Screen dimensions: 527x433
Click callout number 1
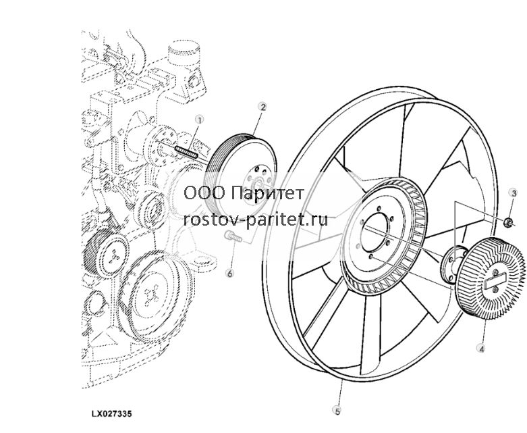pyautogui.click(x=200, y=120)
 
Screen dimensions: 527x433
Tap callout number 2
pyautogui.click(x=262, y=107)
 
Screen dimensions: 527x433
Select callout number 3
pyautogui.click(x=514, y=193)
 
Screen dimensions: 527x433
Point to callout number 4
pyautogui.click(x=481, y=349)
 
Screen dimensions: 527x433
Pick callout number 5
pyautogui.click(x=337, y=411)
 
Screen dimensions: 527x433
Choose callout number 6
pyautogui.click(x=230, y=273)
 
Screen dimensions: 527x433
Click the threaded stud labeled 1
pyautogui.click(x=186, y=152)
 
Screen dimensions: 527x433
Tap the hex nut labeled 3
pyautogui.click(x=508, y=222)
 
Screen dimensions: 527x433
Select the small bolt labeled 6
pyautogui.click(x=233, y=236)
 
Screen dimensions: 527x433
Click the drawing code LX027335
pyautogui.click(x=111, y=413)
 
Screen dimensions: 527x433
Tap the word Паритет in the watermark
pyautogui.click(x=268, y=193)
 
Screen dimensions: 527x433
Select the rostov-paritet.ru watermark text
pyautogui.click(x=256, y=220)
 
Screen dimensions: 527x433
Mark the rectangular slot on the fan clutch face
pyautogui.click(x=495, y=280)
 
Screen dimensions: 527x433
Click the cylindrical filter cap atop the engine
pyautogui.click(x=184, y=54)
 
